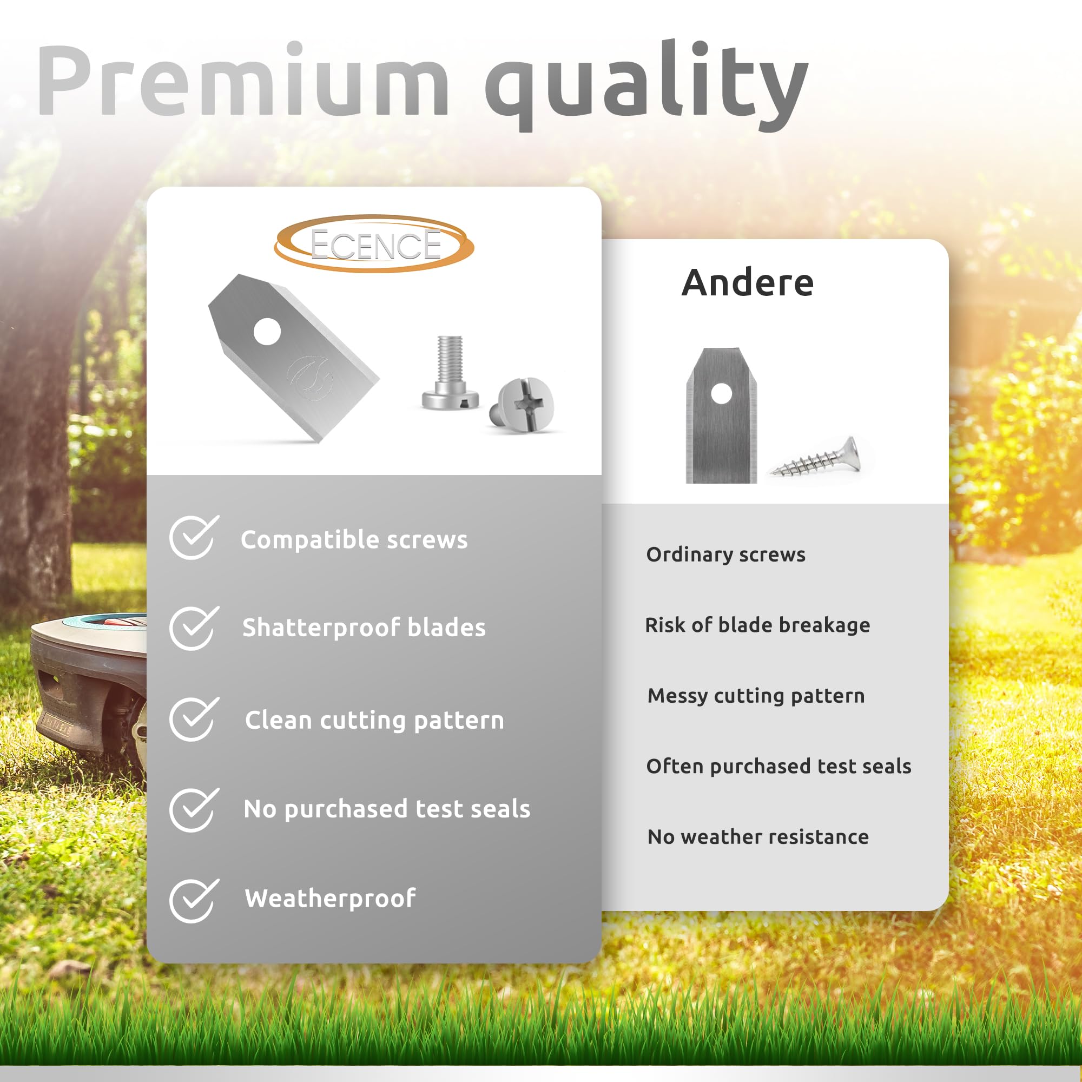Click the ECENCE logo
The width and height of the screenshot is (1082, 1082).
374,244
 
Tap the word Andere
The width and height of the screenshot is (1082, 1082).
748,283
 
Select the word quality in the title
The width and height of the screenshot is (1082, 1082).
647,85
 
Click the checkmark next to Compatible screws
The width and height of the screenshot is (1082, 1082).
193,537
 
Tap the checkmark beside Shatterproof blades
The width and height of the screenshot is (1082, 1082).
193,628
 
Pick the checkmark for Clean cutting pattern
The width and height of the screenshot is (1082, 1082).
193,719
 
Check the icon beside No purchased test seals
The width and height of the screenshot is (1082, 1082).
193,810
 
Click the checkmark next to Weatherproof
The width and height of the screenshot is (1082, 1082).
193,901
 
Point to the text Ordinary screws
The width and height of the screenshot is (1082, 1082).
726,555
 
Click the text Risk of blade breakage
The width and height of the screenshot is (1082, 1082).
758,624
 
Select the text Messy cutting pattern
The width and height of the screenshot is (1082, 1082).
756,696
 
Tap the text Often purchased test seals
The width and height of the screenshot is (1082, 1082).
779,766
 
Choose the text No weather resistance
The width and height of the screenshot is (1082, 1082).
758,837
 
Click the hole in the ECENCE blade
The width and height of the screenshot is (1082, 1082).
267,332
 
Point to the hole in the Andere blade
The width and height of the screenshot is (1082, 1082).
721,393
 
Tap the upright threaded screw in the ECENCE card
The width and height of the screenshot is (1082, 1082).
450,373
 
